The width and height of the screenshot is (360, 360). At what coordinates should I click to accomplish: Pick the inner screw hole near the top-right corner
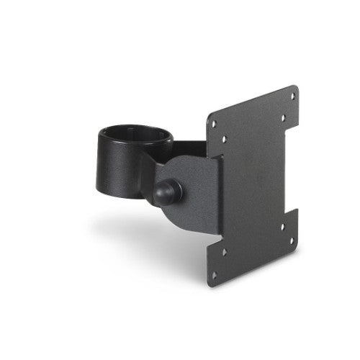click(x=282, y=117)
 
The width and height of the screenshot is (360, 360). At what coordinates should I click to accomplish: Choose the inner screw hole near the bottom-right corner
click(x=282, y=226)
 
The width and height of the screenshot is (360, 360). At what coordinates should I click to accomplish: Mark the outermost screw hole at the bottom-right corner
click(x=292, y=242)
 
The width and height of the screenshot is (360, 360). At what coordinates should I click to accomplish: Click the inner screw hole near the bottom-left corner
click(x=224, y=253)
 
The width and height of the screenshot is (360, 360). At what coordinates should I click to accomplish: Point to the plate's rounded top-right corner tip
click(x=296, y=87)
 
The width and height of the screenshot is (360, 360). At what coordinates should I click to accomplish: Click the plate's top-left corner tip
click(x=208, y=115)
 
